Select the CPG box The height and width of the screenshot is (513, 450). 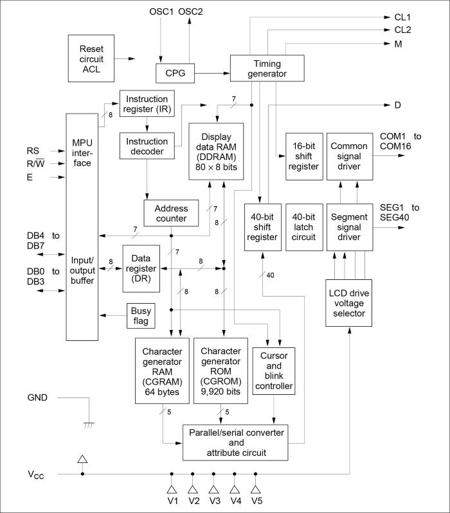[x=175, y=73]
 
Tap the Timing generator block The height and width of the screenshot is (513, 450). [x=266, y=69]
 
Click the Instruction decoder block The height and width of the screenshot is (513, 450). [x=147, y=146]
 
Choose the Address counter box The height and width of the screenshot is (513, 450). [x=171, y=214]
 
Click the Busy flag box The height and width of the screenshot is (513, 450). [x=139, y=315]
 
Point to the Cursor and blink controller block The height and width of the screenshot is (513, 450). [x=274, y=370]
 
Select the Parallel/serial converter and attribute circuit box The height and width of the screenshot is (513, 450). [x=237, y=442]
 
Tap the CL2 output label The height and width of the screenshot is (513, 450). [x=403, y=30]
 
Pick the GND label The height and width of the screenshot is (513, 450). [x=37, y=397]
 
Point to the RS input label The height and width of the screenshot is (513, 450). [x=33, y=150]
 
